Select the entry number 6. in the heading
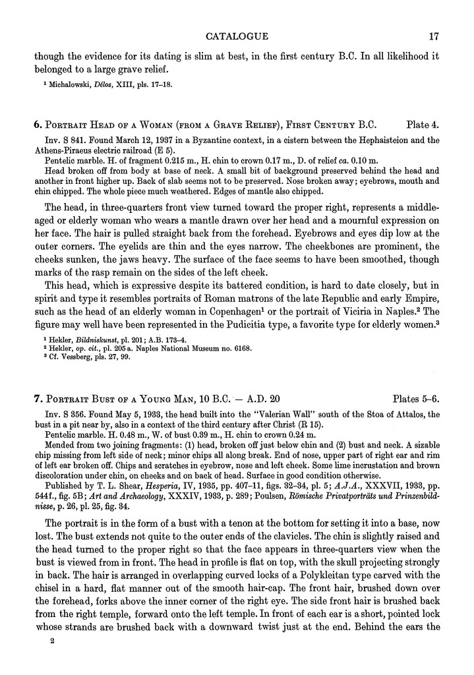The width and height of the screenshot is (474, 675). [x=38, y=123]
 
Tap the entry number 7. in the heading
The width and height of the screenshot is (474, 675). [x=38, y=399]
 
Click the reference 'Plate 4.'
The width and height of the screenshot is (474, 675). [x=423, y=123]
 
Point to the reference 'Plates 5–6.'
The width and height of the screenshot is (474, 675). [x=415, y=399]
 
